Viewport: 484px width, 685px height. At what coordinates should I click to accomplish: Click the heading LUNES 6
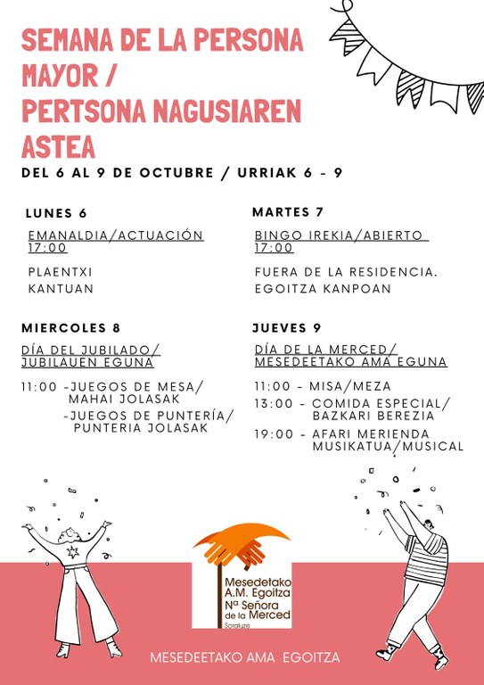[x=56, y=213]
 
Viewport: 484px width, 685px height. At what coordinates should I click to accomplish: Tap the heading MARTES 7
[x=287, y=212]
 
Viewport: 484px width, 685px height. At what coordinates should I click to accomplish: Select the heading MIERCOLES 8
[x=70, y=327]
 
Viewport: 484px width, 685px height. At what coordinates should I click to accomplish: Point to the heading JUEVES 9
[x=286, y=327]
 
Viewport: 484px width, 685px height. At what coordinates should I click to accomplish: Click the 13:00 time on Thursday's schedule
[x=274, y=403]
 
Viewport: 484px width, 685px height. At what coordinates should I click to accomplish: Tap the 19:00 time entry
[x=274, y=433]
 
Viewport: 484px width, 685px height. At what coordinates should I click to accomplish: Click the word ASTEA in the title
[x=58, y=145]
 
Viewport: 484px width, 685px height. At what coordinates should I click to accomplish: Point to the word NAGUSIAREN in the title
[x=225, y=111]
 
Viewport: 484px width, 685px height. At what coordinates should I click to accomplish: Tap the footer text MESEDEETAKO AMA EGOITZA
[x=244, y=658]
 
